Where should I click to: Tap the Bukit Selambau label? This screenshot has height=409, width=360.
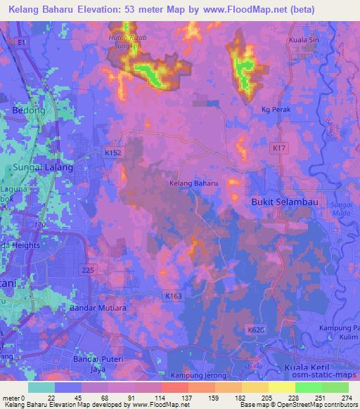coord(281,202)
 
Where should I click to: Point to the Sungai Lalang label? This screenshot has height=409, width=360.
coord(43,168)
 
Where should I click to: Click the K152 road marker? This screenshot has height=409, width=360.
coord(112,152)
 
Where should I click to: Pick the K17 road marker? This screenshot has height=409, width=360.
coord(279,148)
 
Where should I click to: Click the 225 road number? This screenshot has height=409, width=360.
coord(87,269)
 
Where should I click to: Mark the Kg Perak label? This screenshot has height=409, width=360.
coord(276,110)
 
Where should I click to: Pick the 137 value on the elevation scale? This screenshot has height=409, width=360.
coord(187,398)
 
